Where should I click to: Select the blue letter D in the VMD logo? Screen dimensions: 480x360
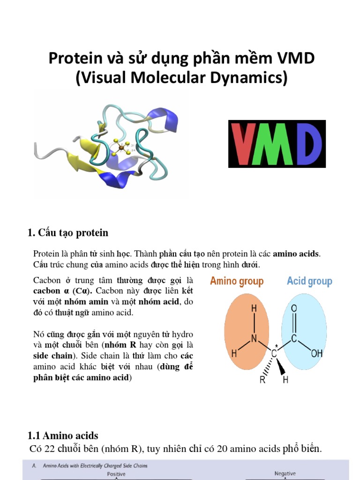click(307, 144)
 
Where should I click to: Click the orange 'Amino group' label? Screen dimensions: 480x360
click(237, 281)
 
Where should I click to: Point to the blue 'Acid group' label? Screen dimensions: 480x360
click(309, 281)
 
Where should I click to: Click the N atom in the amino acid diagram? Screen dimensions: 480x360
click(254, 338)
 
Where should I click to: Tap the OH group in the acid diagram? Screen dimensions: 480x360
click(317, 353)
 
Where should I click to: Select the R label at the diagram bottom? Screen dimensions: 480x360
click(263, 380)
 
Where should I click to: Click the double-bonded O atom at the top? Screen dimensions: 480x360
click(294, 308)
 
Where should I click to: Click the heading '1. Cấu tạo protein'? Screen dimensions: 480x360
click(68, 233)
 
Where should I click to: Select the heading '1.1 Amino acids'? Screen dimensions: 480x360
click(63, 436)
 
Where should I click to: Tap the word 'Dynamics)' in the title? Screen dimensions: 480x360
click(252, 78)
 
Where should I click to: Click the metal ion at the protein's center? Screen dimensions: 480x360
click(121, 148)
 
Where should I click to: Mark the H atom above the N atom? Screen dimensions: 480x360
click(254, 309)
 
